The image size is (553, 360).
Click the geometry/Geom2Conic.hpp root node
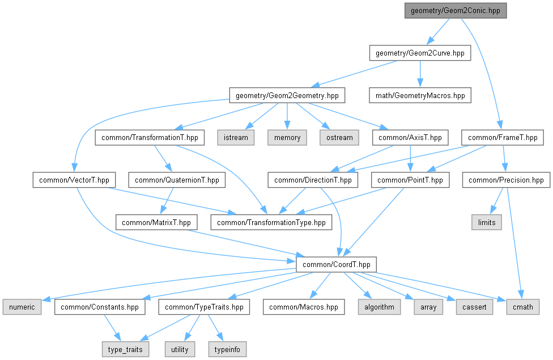click(x=456, y=11)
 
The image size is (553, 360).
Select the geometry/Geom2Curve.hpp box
click(x=420, y=53)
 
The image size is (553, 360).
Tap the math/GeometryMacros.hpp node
click(x=420, y=95)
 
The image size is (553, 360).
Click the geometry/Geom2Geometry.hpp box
click(x=287, y=95)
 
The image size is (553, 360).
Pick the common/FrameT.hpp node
click(x=503, y=138)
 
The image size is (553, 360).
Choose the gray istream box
click(x=236, y=138)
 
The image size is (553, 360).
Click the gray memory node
click(x=287, y=138)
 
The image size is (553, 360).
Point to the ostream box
click(x=339, y=138)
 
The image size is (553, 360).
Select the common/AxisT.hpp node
click(x=410, y=138)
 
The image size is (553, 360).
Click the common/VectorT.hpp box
click(x=74, y=180)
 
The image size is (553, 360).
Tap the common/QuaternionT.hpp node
click(x=177, y=180)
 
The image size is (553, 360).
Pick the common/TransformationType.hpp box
click(x=271, y=222)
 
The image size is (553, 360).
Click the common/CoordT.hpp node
click(x=336, y=265)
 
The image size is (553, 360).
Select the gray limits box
click(x=487, y=222)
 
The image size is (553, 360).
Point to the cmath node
click(x=522, y=307)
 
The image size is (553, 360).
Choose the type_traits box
click(x=125, y=349)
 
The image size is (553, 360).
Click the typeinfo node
click(x=227, y=349)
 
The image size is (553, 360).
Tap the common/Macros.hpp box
click(x=304, y=307)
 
